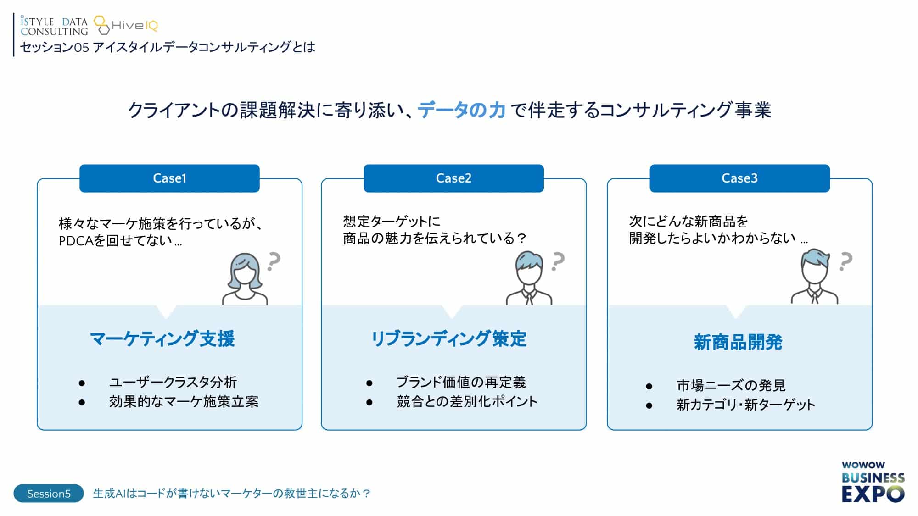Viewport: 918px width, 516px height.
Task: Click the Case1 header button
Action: click(x=169, y=178)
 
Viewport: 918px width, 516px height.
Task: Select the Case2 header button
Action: click(x=453, y=178)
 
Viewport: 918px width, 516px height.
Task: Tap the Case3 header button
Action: click(x=739, y=178)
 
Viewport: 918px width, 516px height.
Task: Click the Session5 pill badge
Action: click(x=49, y=494)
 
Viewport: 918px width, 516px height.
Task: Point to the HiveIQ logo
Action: click(x=126, y=25)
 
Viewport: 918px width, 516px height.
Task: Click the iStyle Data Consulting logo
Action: click(x=54, y=26)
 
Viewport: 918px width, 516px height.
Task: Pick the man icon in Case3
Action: click(x=815, y=277)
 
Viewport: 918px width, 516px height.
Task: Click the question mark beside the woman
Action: click(x=274, y=261)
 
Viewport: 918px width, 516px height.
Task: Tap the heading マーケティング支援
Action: click(x=162, y=339)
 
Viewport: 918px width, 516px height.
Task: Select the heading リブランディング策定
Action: click(x=448, y=339)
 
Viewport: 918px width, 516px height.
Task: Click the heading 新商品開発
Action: click(x=738, y=342)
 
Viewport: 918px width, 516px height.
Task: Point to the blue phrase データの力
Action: click(x=461, y=110)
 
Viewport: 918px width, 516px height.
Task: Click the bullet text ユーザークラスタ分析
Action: click(x=173, y=382)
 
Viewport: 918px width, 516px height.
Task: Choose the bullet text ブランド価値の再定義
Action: click(x=461, y=382)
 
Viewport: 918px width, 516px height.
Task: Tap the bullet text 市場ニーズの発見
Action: click(x=731, y=385)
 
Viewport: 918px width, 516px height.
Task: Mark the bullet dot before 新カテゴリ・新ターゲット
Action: click(x=649, y=405)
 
